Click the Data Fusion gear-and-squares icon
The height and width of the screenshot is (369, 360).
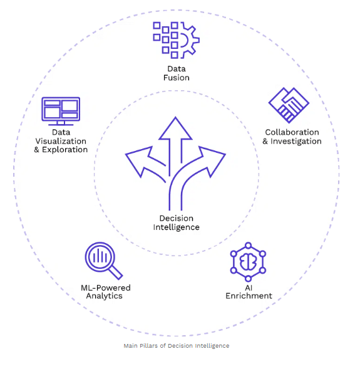click(x=176, y=40)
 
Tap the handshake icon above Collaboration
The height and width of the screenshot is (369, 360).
click(x=289, y=105)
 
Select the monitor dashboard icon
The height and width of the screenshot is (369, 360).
click(x=61, y=111)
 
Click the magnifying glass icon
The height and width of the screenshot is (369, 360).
click(x=104, y=261)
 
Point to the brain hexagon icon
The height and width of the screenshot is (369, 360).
click(x=248, y=262)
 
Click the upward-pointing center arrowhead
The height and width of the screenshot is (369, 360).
click(x=175, y=128)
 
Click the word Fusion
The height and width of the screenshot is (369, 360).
click(x=177, y=78)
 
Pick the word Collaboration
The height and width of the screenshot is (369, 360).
click(x=292, y=132)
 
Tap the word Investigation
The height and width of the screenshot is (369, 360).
click(x=296, y=141)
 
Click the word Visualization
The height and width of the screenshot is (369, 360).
click(x=61, y=141)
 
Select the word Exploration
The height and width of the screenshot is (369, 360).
click(x=65, y=150)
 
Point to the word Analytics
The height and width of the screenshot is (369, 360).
click(x=104, y=296)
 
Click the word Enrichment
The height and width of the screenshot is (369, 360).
click(x=249, y=296)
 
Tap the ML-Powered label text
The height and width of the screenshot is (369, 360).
click(x=106, y=288)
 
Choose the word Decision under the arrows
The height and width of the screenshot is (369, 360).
click(x=177, y=219)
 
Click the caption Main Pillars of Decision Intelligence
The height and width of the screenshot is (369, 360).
click(x=177, y=346)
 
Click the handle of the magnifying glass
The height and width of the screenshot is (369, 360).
click(x=116, y=273)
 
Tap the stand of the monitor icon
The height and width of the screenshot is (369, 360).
click(x=61, y=123)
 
